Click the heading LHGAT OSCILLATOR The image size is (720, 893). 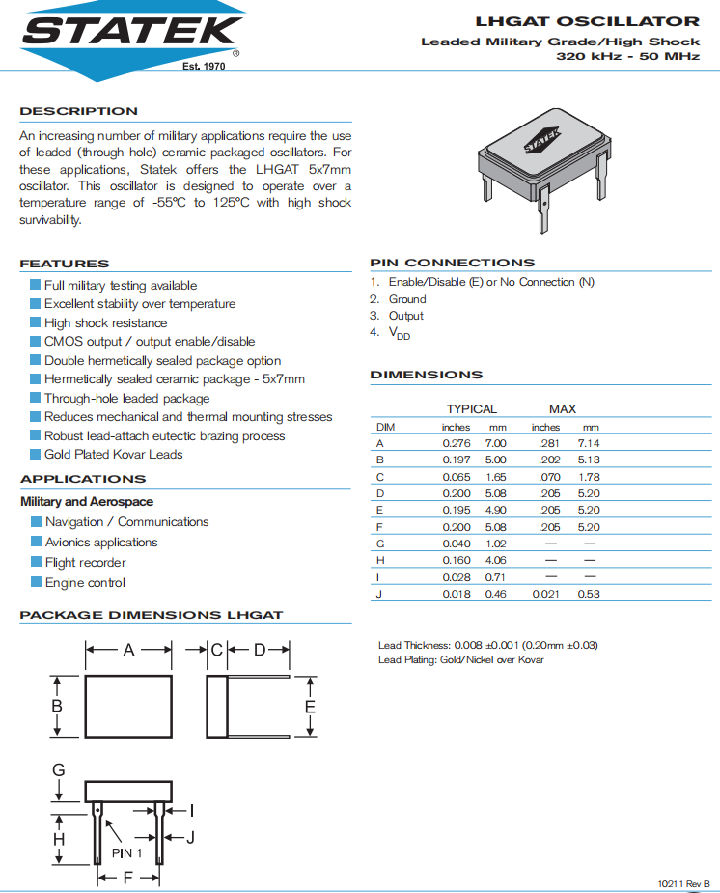click(587, 21)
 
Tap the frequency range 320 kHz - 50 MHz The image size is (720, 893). click(627, 57)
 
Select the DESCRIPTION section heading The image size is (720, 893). click(79, 111)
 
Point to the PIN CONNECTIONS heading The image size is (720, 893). click(452, 263)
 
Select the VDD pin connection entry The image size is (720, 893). click(399, 333)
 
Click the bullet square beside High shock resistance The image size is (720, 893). click(36, 322)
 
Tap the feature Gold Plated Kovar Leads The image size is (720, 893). click(113, 455)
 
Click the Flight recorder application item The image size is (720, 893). click(85, 563)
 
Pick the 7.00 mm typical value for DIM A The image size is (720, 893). click(495, 442)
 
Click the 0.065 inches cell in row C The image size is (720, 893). click(457, 477)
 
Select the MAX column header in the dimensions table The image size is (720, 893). click(563, 409)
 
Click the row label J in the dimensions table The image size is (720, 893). click(378, 595)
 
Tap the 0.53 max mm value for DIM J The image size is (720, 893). click(588, 595)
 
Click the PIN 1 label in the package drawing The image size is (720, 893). click(127, 853)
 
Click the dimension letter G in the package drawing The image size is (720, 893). click(59, 769)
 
